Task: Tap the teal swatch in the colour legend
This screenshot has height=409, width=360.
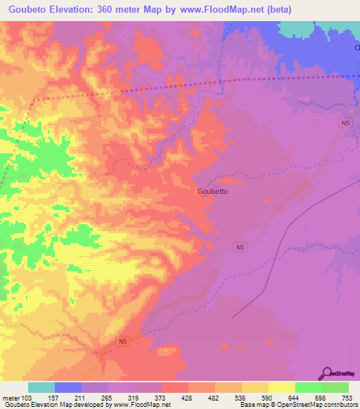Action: point(41,387)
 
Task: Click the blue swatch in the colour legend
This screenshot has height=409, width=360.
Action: point(68,387)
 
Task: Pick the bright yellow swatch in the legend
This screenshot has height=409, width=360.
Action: point(282,387)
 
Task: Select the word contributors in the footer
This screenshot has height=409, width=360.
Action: point(340,404)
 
